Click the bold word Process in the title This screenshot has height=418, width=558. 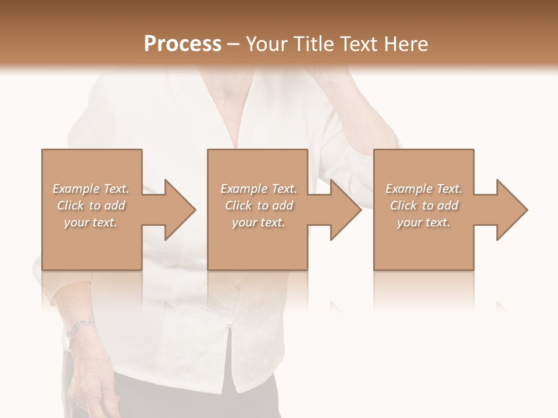[x=183, y=44]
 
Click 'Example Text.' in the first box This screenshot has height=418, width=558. [x=91, y=189]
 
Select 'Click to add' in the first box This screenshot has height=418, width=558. [x=91, y=206]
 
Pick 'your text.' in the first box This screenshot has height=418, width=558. [x=91, y=222]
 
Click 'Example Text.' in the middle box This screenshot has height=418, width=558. [x=259, y=189]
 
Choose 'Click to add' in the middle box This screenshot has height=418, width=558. [x=259, y=206]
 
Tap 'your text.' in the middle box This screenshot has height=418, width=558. [x=259, y=222]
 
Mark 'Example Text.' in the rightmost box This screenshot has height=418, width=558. [x=424, y=189]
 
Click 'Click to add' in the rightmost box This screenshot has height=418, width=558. [x=424, y=206]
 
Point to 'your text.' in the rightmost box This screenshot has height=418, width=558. [x=424, y=222]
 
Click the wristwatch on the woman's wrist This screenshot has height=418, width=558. [x=78, y=329]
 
